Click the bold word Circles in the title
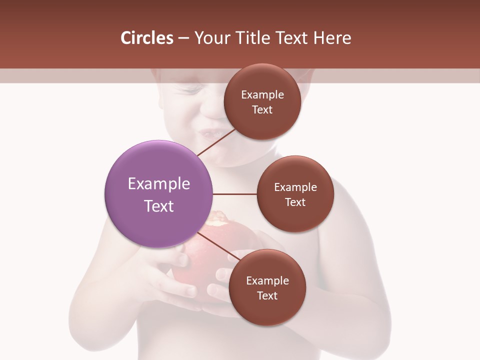coord(146,38)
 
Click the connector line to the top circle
coord(216,142)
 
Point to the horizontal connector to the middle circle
coord(234,194)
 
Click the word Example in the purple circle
coord(158,183)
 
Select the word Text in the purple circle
coord(158,206)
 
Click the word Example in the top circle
coord(262,94)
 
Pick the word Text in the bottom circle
coord(267,295)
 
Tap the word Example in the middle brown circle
coord(295,187)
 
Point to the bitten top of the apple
coord(220,220)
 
